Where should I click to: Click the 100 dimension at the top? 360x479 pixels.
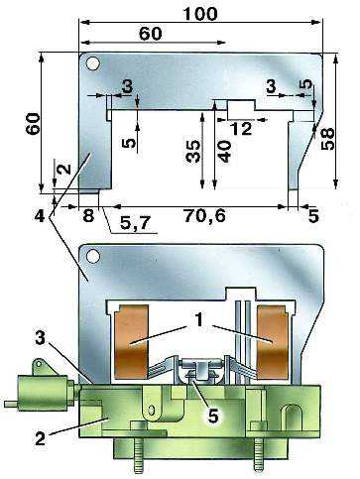pos(200,14)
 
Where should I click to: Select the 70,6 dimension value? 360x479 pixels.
pos(205,216)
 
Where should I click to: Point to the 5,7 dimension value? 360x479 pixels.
pos(135,224)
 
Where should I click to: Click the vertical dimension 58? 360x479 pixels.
pos(327,139)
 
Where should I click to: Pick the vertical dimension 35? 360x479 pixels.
pos(193,152)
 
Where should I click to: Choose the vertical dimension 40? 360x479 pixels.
pos(225,152)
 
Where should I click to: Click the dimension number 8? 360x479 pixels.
pos(88,216)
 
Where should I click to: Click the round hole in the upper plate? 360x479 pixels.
pos(92,63)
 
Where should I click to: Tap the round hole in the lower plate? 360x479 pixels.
pos(92,256)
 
